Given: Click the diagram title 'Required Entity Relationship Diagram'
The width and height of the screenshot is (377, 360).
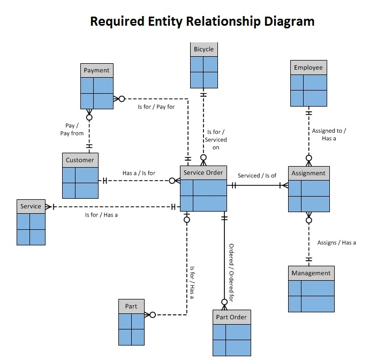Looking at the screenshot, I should (202, 21).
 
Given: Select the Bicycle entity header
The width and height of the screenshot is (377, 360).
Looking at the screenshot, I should (203, 49).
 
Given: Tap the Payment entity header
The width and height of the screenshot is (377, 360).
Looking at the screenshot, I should (96, 70).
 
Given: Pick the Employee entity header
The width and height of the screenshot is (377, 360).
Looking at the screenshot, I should (308, 67).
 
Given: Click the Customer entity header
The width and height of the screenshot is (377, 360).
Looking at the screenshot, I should (80, 160).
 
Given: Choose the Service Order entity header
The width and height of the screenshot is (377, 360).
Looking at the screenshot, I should (203, 172).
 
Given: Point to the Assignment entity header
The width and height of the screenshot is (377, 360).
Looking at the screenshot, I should (308, 173).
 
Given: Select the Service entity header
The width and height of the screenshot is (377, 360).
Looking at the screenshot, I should (31, 206).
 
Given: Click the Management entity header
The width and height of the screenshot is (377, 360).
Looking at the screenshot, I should (311, 273).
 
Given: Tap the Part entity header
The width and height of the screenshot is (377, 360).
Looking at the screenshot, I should (131, 306).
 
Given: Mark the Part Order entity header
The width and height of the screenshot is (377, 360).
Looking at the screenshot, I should (231, 317).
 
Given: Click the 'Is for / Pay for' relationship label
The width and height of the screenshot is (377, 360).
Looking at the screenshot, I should (156, 107).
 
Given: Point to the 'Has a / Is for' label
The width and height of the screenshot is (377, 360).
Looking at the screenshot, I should (139, 173).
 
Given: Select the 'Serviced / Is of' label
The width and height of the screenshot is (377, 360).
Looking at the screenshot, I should (257, 176).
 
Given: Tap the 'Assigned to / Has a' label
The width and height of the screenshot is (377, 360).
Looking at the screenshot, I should (329, 134).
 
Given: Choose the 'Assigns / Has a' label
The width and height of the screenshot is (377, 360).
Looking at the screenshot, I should (336, 243).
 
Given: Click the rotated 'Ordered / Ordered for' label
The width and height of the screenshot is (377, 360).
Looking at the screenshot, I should (231, 273).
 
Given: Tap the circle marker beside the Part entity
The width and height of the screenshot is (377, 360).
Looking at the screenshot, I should (152, 315).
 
